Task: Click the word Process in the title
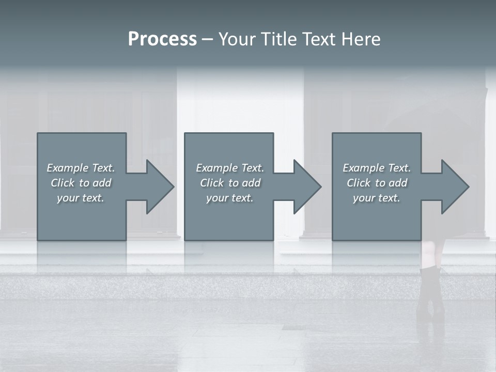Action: (x=162, y=39)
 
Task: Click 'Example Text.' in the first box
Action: (x=81, y=168)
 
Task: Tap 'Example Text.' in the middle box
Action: (x=230, y=168)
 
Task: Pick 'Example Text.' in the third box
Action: (x=377, y=168)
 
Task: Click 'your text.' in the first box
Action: (x=81, y=198)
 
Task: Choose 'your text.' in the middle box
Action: (x=230, y=198)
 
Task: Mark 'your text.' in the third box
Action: (x=377, y=198)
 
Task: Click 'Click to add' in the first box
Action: (x=81, y=183)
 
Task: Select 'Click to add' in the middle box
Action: (x=230, y=183)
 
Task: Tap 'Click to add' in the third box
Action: (x=377, y=183)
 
